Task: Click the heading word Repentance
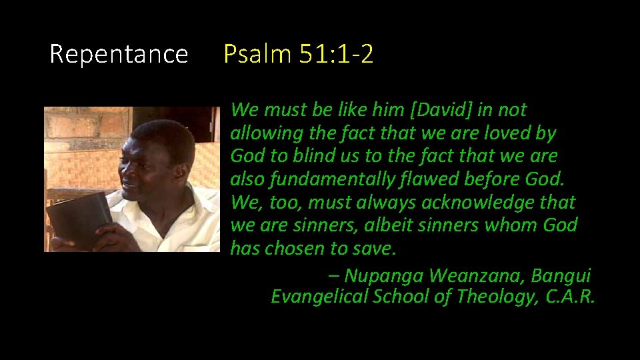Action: click(x=119, y=54)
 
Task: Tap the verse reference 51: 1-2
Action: click(x=336, y=54)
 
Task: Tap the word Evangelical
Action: click(x=319, y=297)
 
